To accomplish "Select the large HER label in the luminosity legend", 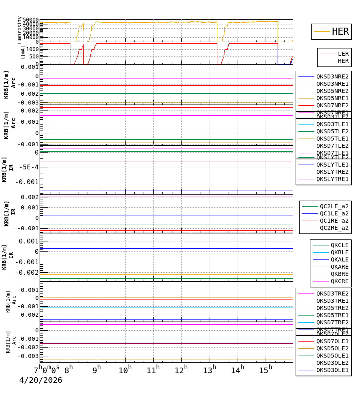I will pos(340,32).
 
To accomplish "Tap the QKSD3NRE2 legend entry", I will pos(332,76).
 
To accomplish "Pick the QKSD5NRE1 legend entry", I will pos(332,98).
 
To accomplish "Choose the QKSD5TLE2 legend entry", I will pos(332,131).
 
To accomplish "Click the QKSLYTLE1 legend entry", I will pos(332,165).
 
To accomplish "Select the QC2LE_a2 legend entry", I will pos(334,206).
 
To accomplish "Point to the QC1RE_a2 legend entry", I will pos(334,221).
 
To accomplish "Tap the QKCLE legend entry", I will pos(339,245).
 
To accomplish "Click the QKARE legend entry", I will pos(339,267).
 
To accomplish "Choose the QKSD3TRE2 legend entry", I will pos(332,293).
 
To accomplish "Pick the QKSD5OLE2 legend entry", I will pos(332,348).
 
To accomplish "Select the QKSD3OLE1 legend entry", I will pos(332,370).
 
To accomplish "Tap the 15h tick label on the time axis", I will pos(265,370).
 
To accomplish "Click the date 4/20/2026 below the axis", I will pos(41,380).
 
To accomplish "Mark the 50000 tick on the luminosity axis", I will pos(30,20).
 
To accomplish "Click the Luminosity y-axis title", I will pos(20,30).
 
